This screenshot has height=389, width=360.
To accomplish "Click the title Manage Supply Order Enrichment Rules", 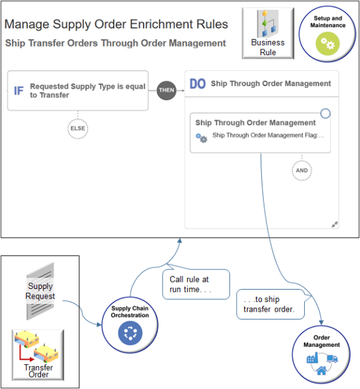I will (116, 25).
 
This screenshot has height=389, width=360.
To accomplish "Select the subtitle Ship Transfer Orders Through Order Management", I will (115, 44).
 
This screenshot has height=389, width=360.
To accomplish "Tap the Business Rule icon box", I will (268, 33).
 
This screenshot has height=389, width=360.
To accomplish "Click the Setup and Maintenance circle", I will (328, 34).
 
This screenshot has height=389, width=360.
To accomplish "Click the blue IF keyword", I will (19, 90).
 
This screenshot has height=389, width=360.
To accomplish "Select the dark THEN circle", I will (166, 90).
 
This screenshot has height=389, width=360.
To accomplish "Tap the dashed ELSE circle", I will (77, 129).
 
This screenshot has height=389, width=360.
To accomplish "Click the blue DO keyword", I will (198, 84).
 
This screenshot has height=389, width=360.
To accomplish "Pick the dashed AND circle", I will (302, 171).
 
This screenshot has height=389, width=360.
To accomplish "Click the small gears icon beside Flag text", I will (201, 138).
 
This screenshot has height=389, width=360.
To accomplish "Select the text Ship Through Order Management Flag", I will (268, 136).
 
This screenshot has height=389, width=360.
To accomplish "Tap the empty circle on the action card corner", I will (326, 113).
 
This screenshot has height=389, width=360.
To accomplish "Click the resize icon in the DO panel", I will (335, 224).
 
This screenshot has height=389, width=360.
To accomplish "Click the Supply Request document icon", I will (40, 290).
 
